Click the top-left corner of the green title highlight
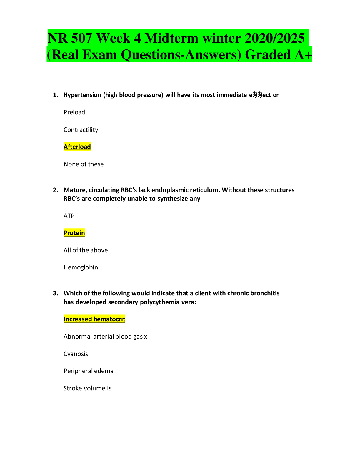(48, 30)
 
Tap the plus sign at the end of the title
(308, 55)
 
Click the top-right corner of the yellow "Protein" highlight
(85, 229)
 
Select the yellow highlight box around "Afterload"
(77, 147)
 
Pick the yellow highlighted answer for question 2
(74, 233)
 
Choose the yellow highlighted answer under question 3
(94, 319)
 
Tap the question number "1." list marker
(56, 95)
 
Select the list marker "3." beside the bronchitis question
(56, 293)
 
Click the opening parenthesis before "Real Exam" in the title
(49, 55)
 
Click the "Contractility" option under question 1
(81, 130)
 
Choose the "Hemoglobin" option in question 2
(81, 267)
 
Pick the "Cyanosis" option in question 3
(76, 354)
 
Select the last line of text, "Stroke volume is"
(87, 388)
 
